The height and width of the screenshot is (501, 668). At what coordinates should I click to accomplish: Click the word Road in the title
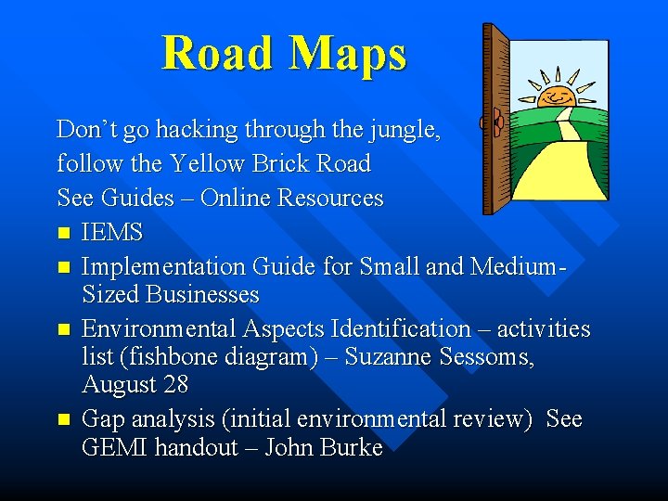219,53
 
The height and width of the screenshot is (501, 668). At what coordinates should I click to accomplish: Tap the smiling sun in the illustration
557,93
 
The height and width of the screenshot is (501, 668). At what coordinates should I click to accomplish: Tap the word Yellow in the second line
204,163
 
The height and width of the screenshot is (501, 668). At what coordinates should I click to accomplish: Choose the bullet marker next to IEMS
63,233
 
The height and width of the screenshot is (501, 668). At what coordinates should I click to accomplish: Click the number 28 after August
175,384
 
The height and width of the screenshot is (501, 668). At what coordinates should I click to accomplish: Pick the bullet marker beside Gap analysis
63,419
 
